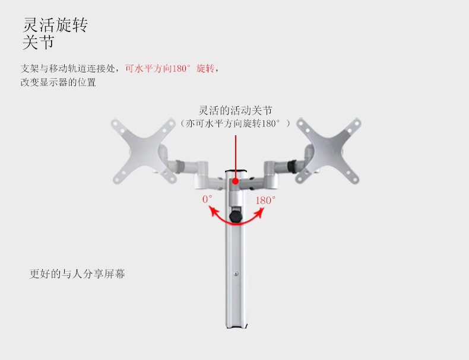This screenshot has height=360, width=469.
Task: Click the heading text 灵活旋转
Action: pos(55,26)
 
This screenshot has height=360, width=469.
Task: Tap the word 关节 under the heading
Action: pos(38,43)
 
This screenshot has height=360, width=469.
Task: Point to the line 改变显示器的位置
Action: pos(58,82)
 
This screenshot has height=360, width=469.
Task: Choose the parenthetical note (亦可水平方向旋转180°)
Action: pos(236,123)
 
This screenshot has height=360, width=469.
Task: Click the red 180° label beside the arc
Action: pos(265,200)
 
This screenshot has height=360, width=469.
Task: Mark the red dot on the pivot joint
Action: pos(236,183)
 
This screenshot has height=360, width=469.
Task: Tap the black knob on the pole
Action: pos(236,216)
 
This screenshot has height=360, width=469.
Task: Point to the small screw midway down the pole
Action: pos(236,273)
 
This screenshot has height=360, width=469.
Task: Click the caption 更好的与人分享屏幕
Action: pos(77,275)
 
